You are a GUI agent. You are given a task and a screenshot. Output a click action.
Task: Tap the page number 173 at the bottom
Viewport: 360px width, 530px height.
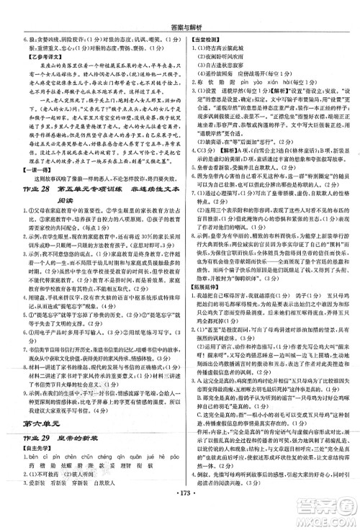[180, 521]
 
